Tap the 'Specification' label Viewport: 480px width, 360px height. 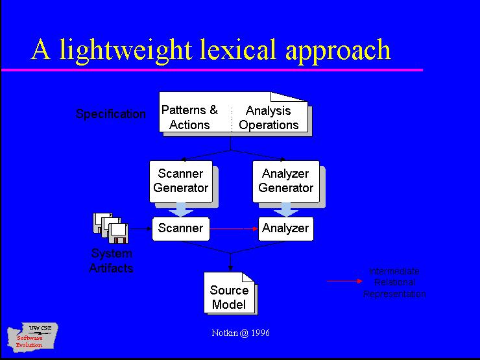tap(111, 114)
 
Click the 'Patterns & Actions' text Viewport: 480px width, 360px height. tap(189, 117)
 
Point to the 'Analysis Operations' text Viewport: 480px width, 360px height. tap(269, 118)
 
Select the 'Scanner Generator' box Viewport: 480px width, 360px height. tap(180, 181)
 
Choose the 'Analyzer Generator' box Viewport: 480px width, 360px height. tap(285, 181)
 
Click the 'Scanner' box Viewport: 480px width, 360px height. tap(181, 228)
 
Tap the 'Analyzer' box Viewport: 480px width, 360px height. tap(285, 228)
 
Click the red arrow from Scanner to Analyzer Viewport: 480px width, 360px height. tap(234, 228)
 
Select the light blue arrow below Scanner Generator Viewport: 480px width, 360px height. tap(181, 210)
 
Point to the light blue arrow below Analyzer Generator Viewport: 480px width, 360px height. tap(285, 210)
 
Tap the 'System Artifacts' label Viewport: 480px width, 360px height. tap(111, 261)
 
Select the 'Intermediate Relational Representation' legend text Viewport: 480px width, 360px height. tap(394, 283)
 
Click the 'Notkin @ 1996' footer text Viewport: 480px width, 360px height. tap(241, 333)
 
